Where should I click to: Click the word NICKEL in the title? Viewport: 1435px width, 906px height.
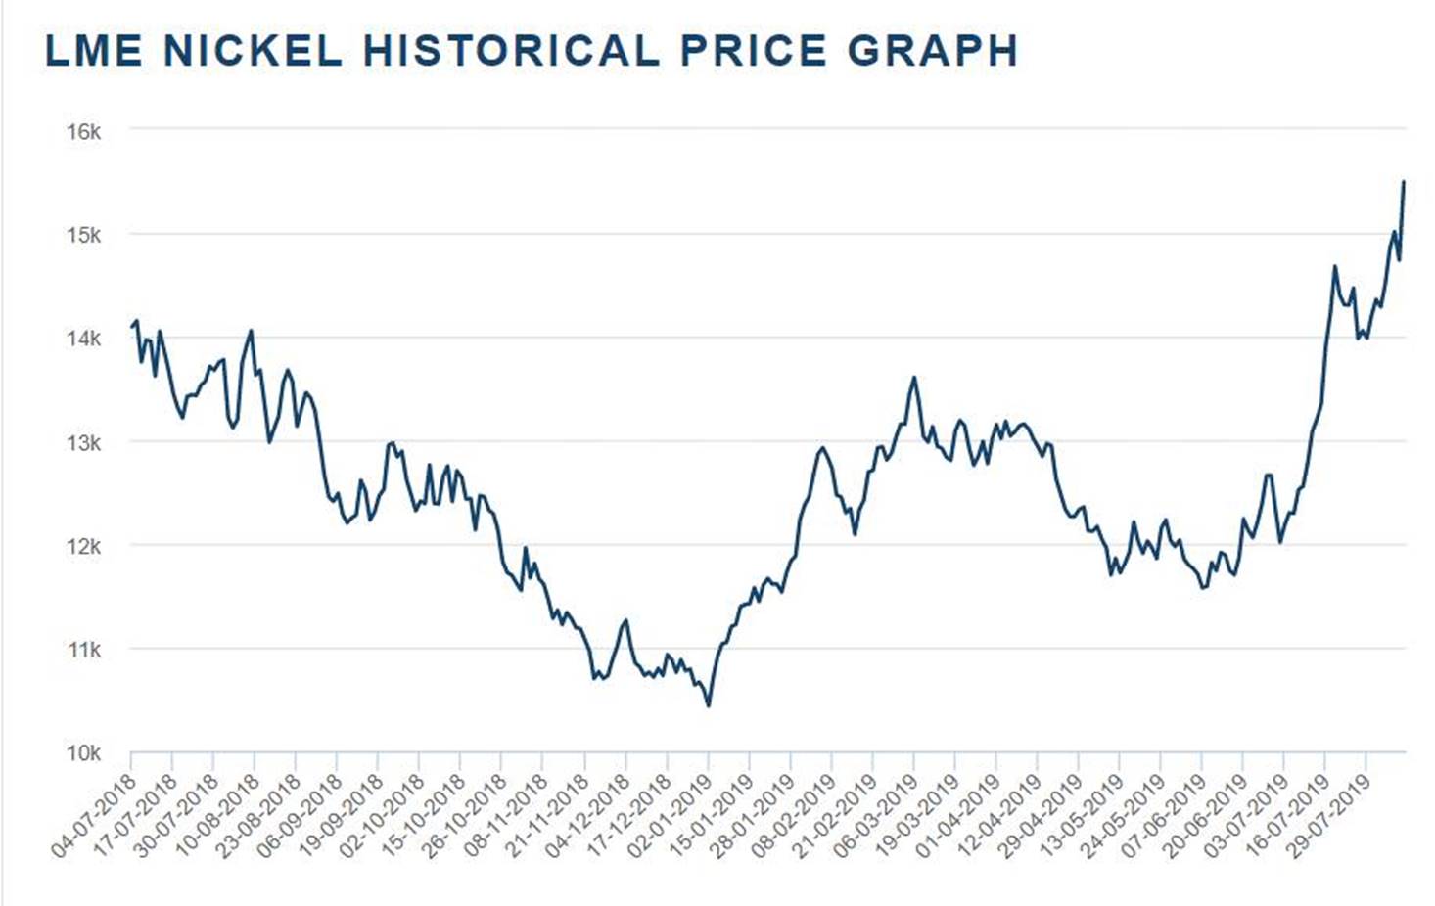click(x=253, y=51)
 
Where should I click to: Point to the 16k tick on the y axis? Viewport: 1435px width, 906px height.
click(x=83, y=131)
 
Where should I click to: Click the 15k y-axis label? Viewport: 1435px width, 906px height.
click(x=83, y=235)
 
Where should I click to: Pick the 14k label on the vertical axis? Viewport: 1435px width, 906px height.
click(x=83, y=339)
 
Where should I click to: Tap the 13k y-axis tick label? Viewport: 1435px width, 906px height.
click(x=83, y=442)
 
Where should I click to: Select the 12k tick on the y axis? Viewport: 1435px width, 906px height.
click(x=83, y=546)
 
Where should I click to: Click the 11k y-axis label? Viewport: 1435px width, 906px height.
click(x=83, y=650)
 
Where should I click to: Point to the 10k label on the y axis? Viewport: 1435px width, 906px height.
click(x=83, y=753)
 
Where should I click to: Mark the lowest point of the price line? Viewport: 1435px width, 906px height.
click(x=709, y=705)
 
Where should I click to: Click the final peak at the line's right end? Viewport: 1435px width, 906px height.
click(x=1404, y=182)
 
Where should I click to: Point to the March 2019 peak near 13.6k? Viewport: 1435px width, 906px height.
click(x=914, y=378)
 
